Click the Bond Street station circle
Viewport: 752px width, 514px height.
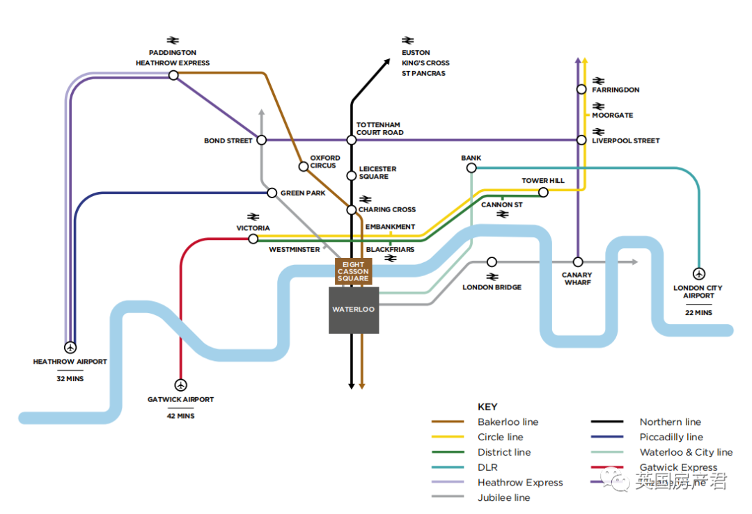(x=262, y=140)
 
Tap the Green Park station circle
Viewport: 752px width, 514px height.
(x=272, y=193)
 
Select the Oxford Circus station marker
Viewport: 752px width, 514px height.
(x=304, y=166)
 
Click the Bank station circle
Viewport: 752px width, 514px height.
(x=471, y=168)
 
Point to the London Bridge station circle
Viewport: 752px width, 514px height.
(x=492, y=262)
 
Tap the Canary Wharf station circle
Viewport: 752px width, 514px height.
(x=577, y=262)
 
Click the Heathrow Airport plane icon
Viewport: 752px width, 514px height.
(x=70, y=346)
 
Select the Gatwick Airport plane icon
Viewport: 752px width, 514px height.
(x=181, y=385)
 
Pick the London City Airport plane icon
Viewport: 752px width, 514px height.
(x=698, y=273)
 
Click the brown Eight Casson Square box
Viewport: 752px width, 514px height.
(x=353, y=271)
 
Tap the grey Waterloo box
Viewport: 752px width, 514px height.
(x=354, y=310)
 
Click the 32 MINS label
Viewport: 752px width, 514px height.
(x=70, y=379)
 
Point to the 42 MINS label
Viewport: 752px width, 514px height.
(x=180, y=416)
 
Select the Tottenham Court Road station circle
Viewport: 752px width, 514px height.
(x=352, y=140)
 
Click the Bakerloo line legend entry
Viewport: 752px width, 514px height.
(x=508, y=422)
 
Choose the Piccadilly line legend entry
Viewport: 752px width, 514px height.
(x=671, y=437)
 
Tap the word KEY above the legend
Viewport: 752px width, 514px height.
(x=487, y=407)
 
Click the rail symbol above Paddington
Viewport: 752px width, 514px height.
(x=173, y=40)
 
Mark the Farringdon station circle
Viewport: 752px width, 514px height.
(x=581, y=89)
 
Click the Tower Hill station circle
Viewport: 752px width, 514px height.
(x=544, y=192)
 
